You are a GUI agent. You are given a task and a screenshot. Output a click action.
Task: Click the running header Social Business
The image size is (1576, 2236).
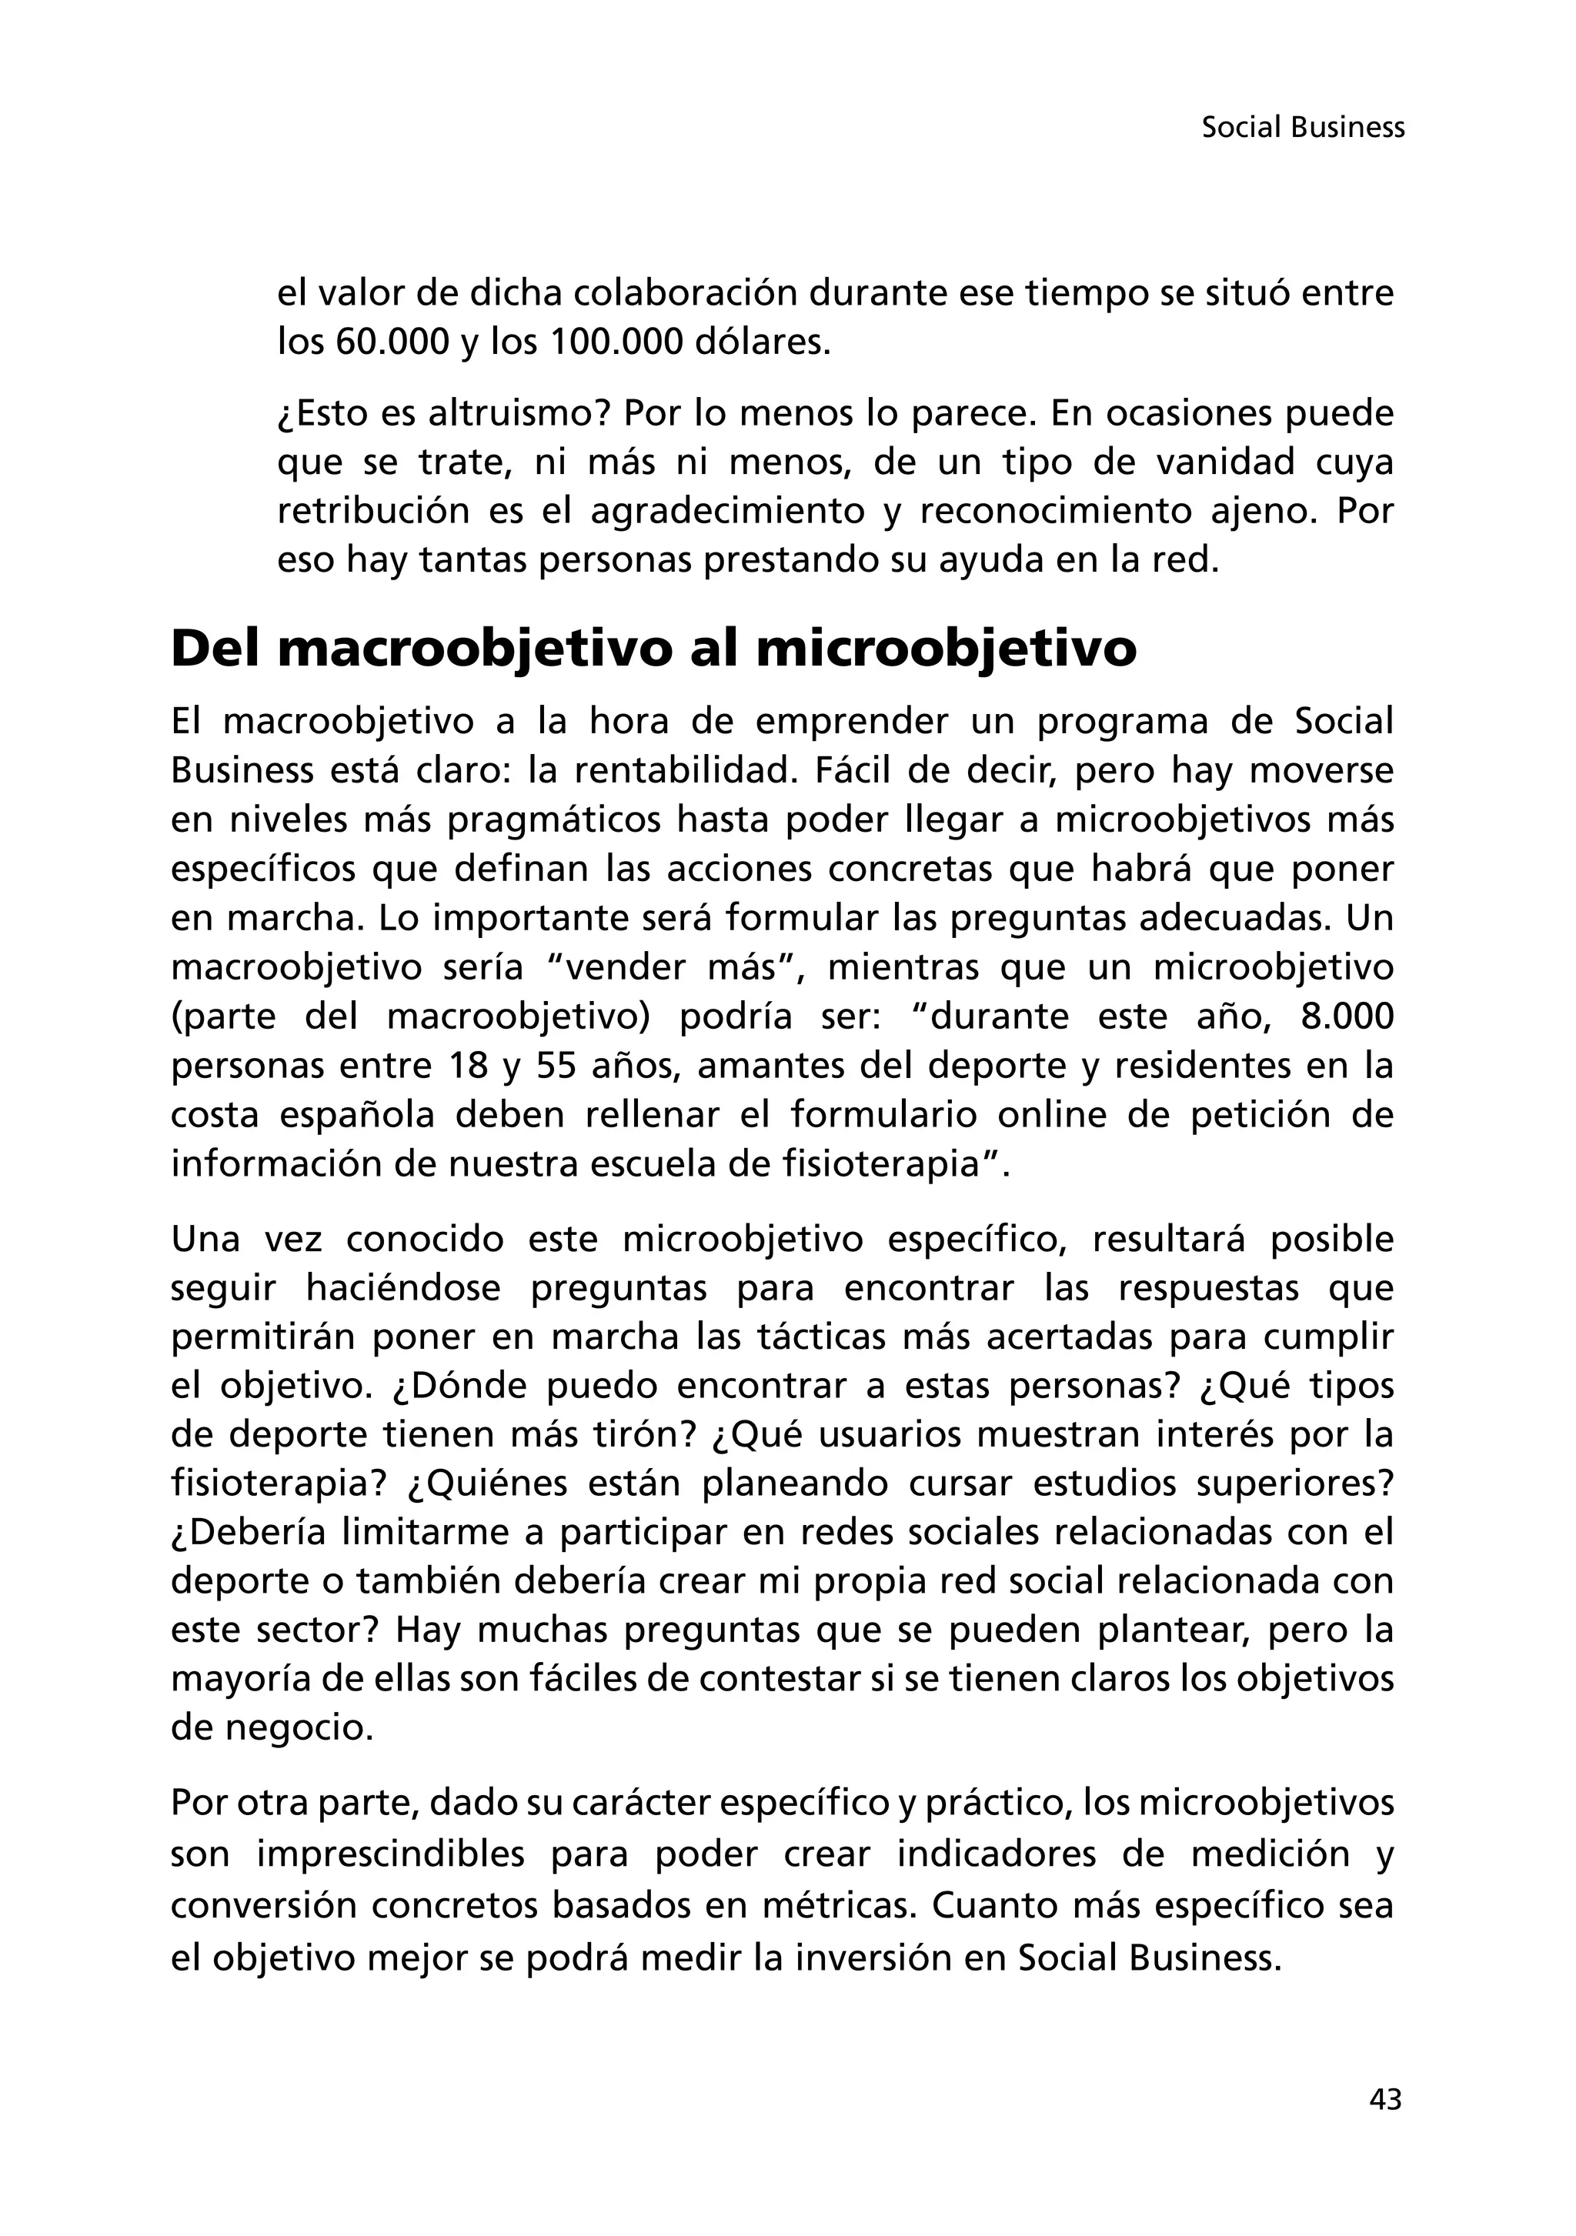pyautogui.click(x=1302, y=128)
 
